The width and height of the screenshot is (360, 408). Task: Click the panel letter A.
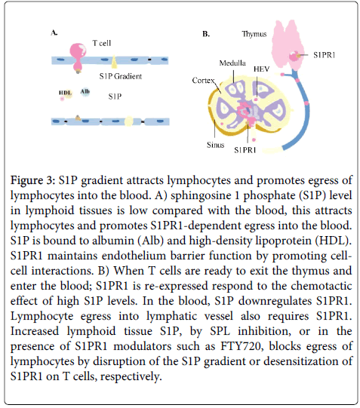point(54,32)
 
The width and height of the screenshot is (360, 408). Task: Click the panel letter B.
point(206,34)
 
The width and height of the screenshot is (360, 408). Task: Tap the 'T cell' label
point(102,43)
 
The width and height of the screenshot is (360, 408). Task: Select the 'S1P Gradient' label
point(121,76)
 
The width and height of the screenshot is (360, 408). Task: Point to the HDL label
point(65,93)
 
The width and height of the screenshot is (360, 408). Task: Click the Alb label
point(85,91)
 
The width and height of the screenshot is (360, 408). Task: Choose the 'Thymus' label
point(254,34)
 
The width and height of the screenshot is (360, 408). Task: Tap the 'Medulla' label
point(232,63)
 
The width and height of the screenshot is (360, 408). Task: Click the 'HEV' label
point(262,69)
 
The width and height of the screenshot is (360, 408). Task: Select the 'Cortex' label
point(203,81)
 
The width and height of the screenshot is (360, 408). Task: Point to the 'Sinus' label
point(216,145)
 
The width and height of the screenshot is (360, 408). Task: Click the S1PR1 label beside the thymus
point(325,55)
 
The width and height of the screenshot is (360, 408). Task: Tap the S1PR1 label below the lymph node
point(245,150)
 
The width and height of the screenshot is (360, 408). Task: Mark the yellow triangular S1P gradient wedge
point(114,62)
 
